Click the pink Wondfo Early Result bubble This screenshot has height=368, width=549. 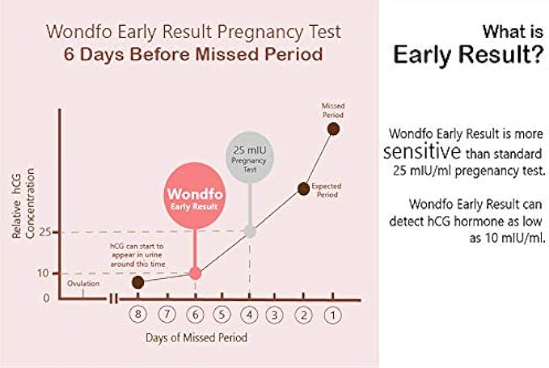click(x=195, y=196)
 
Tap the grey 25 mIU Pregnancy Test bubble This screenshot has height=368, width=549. click(x=250, y=157)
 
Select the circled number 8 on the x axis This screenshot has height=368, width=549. click(x=138, y=315)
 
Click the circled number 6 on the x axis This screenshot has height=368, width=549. click(x=195, y=315)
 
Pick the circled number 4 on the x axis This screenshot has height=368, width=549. click(x=249, y=315)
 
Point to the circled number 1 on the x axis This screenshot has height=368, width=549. click(x=332, y=315)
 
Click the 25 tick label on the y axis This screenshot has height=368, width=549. click(x=44, y=232)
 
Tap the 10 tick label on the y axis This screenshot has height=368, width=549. click(x=43, y=273)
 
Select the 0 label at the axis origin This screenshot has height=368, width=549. click(x=46, y=298)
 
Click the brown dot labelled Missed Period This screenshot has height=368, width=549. click(x=333, y=129)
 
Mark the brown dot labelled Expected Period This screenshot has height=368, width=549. click(x=303, y=188)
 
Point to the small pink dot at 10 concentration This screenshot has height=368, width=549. click(x=195, y=273)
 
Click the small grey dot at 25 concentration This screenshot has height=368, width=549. click(x=250, y=231)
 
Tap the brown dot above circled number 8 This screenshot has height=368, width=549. click(x=138, y=282)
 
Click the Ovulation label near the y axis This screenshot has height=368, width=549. click(x=83, y=283)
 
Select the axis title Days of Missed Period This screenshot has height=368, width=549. click(x=196, y=337)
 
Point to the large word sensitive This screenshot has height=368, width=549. click(x=422, y=151)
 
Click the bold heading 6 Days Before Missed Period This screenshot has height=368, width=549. click(x=193, y=54)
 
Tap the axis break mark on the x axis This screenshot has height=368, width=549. click(x=113, y=299)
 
